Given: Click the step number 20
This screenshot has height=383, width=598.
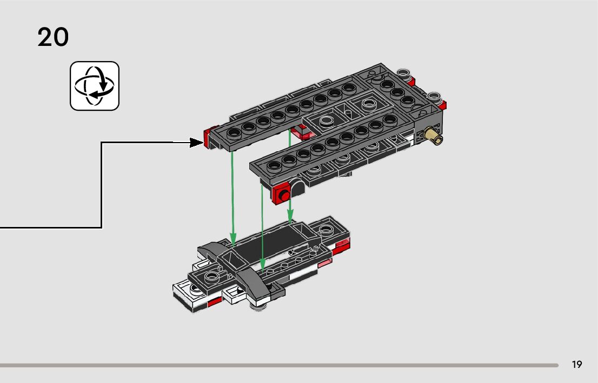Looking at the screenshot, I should (53, 37).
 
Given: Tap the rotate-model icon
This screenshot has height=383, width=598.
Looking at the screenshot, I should (94, 86).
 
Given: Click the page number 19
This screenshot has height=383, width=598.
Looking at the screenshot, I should (577, 365).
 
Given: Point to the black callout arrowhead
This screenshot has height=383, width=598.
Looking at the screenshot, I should (196, 143).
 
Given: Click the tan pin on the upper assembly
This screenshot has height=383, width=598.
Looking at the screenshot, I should (434, 136).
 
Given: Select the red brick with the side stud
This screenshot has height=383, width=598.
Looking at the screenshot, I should (282, 193).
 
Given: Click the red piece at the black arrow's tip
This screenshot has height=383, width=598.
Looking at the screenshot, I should (207, 138).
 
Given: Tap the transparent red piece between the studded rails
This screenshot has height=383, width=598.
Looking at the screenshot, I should (301, 132).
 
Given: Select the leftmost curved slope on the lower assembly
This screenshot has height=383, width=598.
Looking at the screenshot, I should (211, 249).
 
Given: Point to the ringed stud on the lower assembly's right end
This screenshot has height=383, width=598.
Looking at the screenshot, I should (326, 229).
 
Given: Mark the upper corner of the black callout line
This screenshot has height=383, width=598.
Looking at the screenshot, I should (102, 143).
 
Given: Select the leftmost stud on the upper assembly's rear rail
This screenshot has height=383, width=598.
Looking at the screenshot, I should (235, 132).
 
